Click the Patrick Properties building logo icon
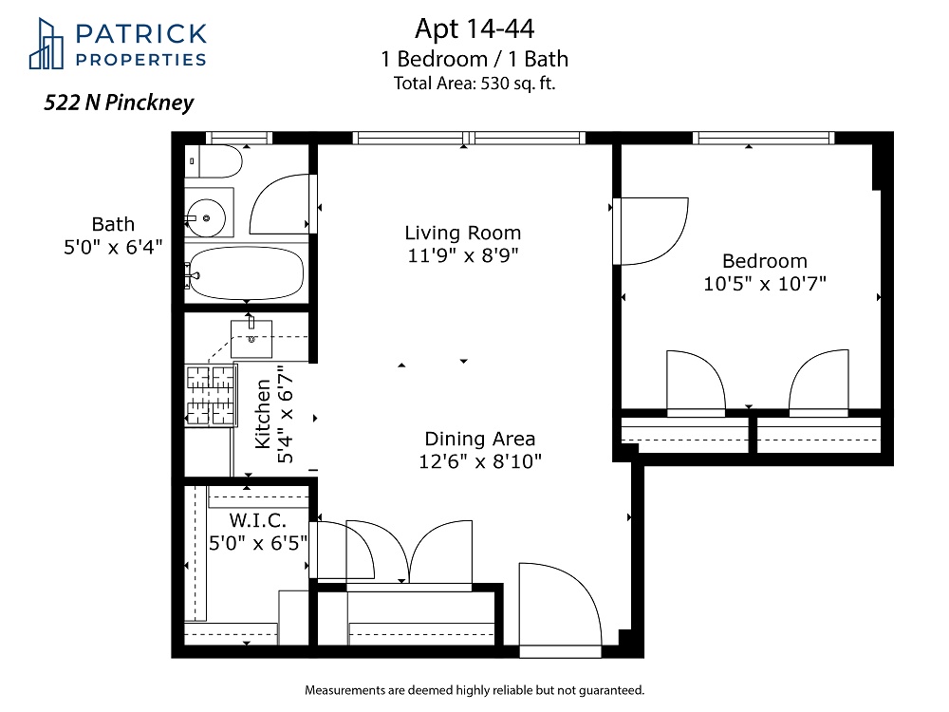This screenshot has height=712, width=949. coord(46,44)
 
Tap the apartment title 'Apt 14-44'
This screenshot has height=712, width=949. coord(474,28)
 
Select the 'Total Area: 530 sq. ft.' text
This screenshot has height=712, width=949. coord(474,83)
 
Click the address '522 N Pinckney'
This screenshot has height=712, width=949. coord(119,103)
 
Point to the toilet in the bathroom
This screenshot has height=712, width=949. coord(214,161)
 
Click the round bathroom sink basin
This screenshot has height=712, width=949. coord(206,217)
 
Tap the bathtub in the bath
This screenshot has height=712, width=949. coord(245,273)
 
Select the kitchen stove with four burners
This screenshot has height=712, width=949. coord(210,395)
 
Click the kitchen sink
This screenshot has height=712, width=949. coord(251,339)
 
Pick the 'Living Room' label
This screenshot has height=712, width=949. coord(463,233)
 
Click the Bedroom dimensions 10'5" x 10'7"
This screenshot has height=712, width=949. coord(765,283)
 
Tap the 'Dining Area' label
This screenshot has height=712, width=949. coord(480,439)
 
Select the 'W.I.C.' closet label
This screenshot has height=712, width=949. coord(258,520)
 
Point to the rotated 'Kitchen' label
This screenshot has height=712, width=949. coord(263,414)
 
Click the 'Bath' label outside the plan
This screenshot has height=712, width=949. coord(113,224)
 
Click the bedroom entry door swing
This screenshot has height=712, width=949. coord(651,232)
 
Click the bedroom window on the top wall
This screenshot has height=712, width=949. coord(763,138)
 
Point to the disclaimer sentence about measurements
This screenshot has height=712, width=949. coord(474,690)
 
